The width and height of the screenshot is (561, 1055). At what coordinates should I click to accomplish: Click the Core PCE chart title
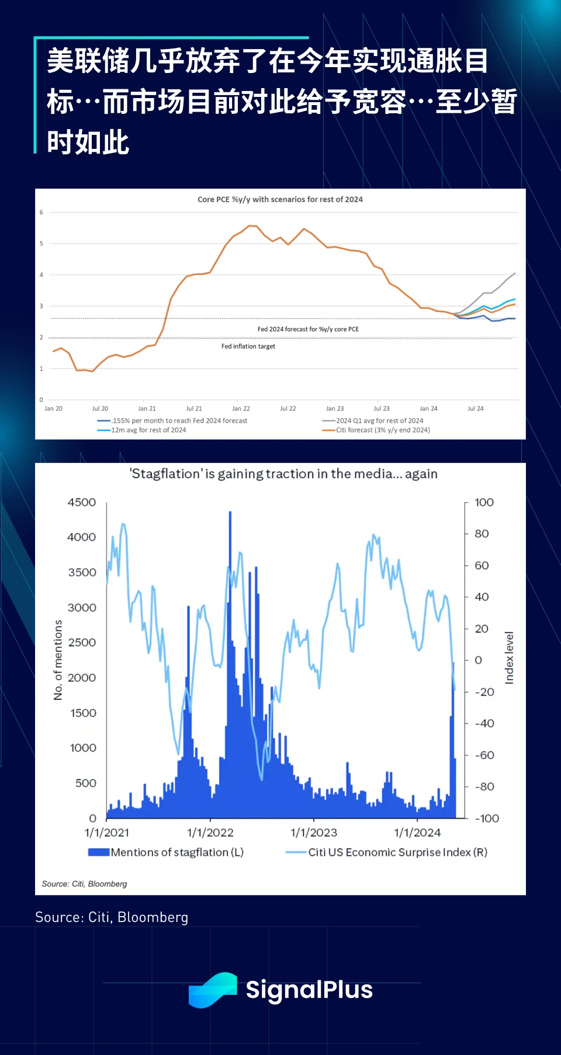coord(280,200)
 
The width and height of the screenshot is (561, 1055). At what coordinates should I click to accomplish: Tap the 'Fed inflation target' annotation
coord(248,346)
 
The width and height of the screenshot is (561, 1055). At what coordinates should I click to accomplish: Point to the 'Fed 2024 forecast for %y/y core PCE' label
coord(308,329)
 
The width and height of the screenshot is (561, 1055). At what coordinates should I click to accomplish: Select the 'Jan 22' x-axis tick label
coord(241,409)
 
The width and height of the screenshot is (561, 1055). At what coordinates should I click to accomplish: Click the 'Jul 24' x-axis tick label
coord(475,409)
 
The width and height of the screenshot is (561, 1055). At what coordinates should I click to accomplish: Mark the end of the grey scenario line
coord(515,273)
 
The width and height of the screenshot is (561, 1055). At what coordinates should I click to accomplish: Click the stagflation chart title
coord(283,473)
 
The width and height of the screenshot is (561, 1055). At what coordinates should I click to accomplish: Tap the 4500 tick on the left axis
coord(82,503)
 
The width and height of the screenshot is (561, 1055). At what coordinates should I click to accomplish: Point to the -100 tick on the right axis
coord(487,819)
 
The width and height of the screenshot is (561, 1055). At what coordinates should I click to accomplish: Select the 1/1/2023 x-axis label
coord(314,833)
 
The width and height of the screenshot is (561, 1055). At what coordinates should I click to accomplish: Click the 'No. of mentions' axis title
coord(58,660)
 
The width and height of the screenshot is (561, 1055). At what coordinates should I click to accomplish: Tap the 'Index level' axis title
coord(510,657)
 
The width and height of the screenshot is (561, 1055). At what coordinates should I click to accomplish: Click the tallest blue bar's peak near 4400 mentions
coord(230,513)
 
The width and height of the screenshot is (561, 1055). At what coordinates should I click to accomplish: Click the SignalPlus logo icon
coord(212,990)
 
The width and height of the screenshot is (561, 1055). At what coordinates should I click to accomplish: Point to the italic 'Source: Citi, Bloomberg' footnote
coord(84,884)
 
